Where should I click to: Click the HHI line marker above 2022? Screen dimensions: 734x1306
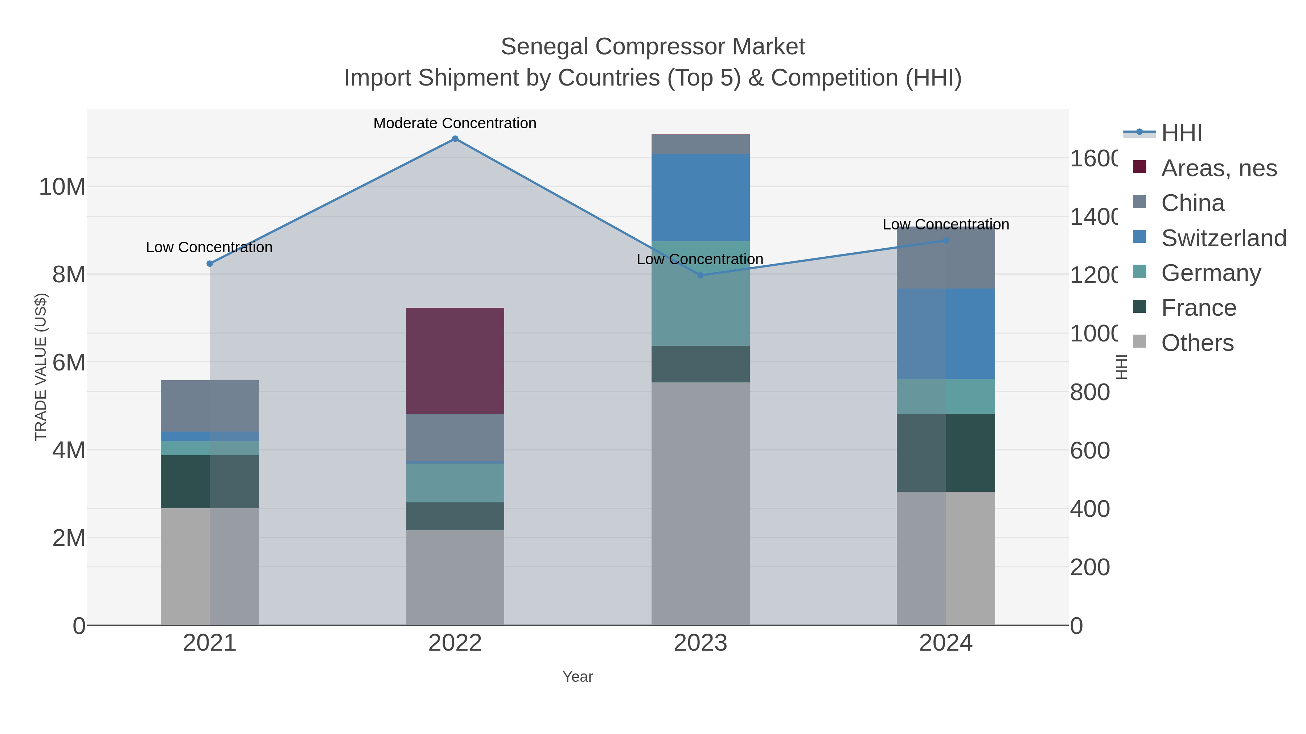(x=455, y=139)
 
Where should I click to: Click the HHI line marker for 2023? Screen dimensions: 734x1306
(x=701, y=275)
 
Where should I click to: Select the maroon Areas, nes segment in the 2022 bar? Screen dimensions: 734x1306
(x=455, y=361)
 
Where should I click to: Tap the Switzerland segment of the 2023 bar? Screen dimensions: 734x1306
(x=700, y=198)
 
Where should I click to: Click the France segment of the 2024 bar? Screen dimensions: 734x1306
(x=945, y=452)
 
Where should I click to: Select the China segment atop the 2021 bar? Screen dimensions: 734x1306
(x=209, y=405)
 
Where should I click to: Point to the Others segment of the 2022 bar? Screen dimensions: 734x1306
(x=455, y=577)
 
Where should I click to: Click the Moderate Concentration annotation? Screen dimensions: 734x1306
(x=455, y=123)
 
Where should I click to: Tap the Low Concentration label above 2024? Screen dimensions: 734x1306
(x=945, y=224)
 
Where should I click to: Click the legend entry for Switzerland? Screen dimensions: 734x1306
(x=1223, y=238)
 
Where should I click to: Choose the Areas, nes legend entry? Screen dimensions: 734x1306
(x=1218, y=168)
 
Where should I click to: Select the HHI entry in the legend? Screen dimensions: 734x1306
(x=1181, y=133)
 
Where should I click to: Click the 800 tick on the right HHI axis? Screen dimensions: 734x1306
(x=1090, y=393)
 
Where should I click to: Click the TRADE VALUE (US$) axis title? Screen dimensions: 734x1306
(x=41, y=367)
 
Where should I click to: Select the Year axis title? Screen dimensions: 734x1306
(x=578, y=677)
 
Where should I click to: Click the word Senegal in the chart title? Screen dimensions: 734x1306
(x=545, y=47)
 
